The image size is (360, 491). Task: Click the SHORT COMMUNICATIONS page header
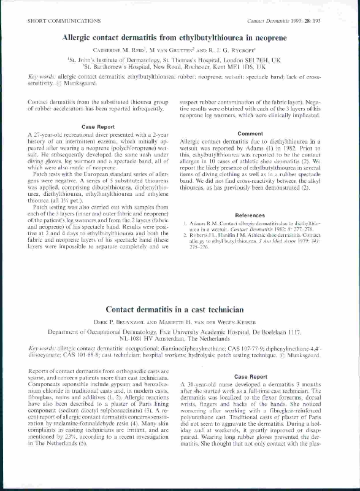click(x=56, y=20)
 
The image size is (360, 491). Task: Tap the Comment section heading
click(x=250, y=133)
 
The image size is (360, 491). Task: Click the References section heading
click(x=250, y=215)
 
